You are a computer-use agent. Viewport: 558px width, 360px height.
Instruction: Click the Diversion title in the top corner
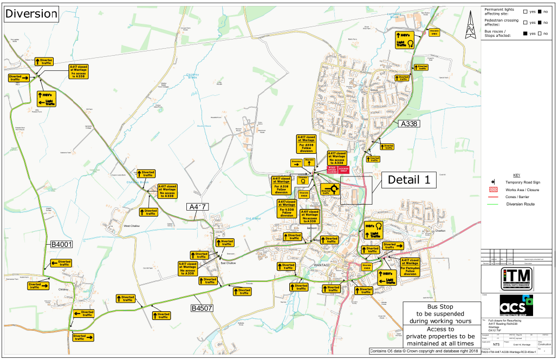point(31,14)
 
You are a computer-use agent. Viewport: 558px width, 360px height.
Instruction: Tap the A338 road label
point(409,124)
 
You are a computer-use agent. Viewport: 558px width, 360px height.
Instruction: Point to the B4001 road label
point(61,245)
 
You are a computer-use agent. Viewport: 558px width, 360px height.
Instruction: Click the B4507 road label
point(202,308)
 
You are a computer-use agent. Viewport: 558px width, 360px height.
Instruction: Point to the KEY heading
point(516,175)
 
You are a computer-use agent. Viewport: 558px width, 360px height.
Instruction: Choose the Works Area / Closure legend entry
point(522,190)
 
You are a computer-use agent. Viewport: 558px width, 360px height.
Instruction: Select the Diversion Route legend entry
point(520,204)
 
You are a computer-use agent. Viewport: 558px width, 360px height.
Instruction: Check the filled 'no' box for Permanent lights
point(540,11)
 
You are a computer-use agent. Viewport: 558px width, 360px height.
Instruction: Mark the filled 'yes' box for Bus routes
point(525,34)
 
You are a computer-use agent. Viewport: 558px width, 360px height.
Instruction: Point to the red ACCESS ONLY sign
point(343,169)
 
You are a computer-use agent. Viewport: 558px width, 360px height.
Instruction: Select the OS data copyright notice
point(424,351)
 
